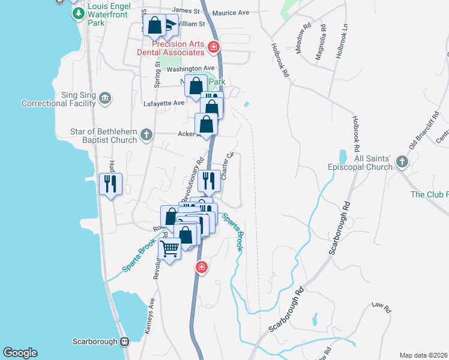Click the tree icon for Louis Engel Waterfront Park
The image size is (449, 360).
[78, 14]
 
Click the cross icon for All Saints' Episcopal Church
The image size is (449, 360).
[402, 163]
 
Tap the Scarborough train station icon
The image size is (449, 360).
[124, 341]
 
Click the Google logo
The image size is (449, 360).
[20, 353]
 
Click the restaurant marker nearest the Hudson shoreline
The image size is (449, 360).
[110, 183]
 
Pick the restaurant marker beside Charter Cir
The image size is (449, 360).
[209, 180]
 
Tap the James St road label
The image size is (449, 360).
[185, 11]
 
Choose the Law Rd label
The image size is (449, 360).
[381, 308]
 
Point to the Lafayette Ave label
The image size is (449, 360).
[163, 103]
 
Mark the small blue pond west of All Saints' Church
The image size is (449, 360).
[343, 157]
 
